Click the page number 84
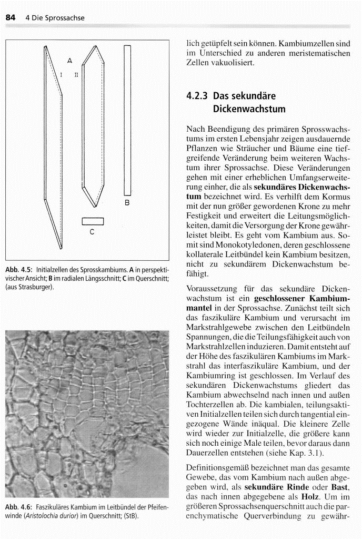(9, 18)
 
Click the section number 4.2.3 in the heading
(197, 96)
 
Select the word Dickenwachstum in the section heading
(249, 110)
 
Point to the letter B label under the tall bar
(127, 202)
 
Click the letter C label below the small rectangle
(92, 230)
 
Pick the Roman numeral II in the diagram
(76, 75)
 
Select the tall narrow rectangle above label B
(127, 121)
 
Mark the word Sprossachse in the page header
(65, 18)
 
